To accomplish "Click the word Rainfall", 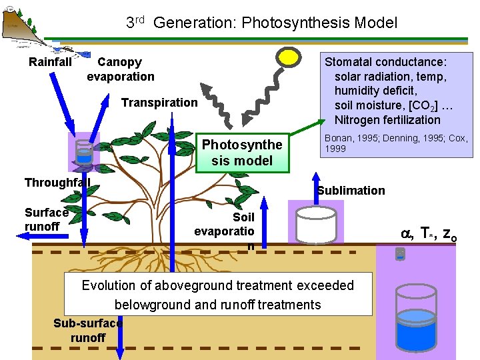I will [x=50, y=62].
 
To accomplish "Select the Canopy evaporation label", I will [x=120, y=69].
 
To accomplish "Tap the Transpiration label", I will [x=159, y=103].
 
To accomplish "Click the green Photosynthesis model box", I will [x=242, y=153].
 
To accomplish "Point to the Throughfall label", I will [x=57, y=183].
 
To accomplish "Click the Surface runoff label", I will [x=46, y=219].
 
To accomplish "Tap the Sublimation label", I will [x=351, y=191].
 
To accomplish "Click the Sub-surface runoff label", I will [x=87, y=331].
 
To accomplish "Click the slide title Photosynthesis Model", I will [x=262, y=23].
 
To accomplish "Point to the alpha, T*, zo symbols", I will [x=429, y=234].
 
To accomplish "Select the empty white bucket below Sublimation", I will [x=315, y=225].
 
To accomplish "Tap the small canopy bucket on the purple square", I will [x=84, y=153].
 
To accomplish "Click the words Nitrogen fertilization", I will [x=387, y=120].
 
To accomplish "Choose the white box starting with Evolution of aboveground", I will [x=218, y=294].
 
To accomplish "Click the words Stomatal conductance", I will [x=385, y=62].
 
